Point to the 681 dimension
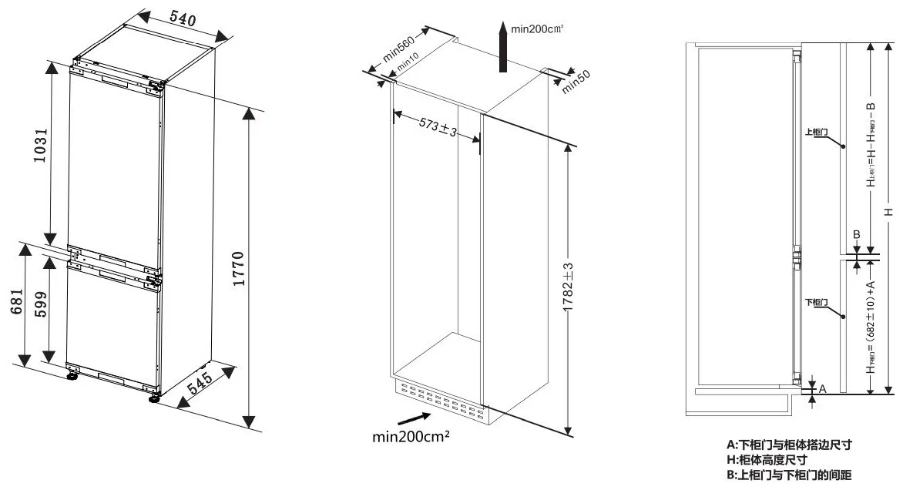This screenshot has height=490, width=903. (x=15, y=304)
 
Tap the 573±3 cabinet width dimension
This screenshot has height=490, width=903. (x=437, y=128)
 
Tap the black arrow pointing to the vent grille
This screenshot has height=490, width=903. (x=415, y=417)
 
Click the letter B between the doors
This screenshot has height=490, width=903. (x=854, y=234)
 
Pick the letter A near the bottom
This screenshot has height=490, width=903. (x=822, y=390)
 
